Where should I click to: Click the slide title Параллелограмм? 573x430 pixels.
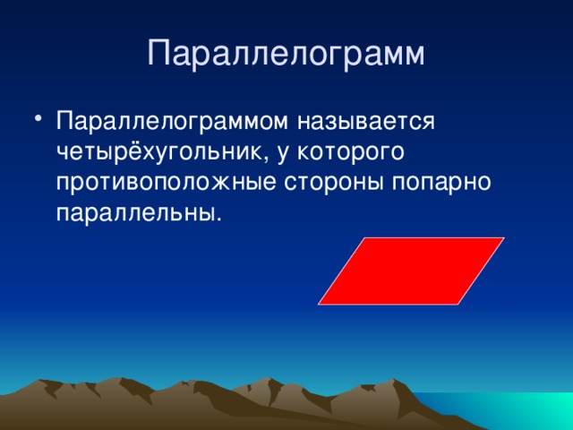pos(286,53)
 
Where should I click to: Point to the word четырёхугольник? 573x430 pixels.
pos(160,151)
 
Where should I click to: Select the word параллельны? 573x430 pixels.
pos(134,214)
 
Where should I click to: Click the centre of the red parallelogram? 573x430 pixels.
pos(411,271)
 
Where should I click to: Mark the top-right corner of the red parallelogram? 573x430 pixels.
pos(504,238)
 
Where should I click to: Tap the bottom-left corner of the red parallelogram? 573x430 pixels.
pos(319,304)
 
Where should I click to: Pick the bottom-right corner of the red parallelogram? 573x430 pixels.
pos(458,304)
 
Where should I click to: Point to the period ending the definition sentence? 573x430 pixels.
pos(217,220)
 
